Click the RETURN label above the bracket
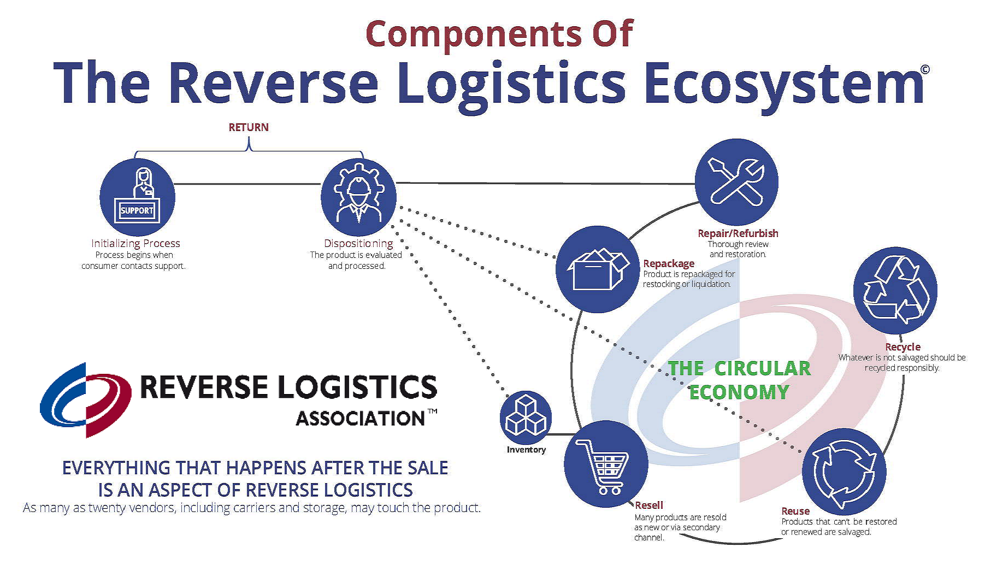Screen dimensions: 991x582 tap(249, 127)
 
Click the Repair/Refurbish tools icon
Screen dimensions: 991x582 tap(736, 181)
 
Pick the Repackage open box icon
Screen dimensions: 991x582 tap(598, 269)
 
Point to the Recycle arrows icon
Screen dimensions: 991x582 tap(895, 290)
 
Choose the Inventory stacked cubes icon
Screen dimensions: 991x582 tap(526, 417)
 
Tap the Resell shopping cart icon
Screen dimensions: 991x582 tap(606, 463)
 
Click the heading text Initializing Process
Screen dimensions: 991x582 tap(135, 243)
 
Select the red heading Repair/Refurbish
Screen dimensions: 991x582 tap(738, 233)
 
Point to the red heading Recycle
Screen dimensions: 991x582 tap(902, 347)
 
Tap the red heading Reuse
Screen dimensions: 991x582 tap(795, 512)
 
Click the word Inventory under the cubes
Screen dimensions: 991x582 tap(526, 450)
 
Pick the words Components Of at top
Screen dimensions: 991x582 tap(499, 34)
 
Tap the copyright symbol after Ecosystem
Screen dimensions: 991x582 tap(925, 69)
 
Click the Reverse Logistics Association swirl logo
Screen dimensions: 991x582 tap(86, 400)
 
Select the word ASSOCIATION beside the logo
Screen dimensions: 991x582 tap(361, 419)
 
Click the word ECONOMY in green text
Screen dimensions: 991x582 tap(739, 392)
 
